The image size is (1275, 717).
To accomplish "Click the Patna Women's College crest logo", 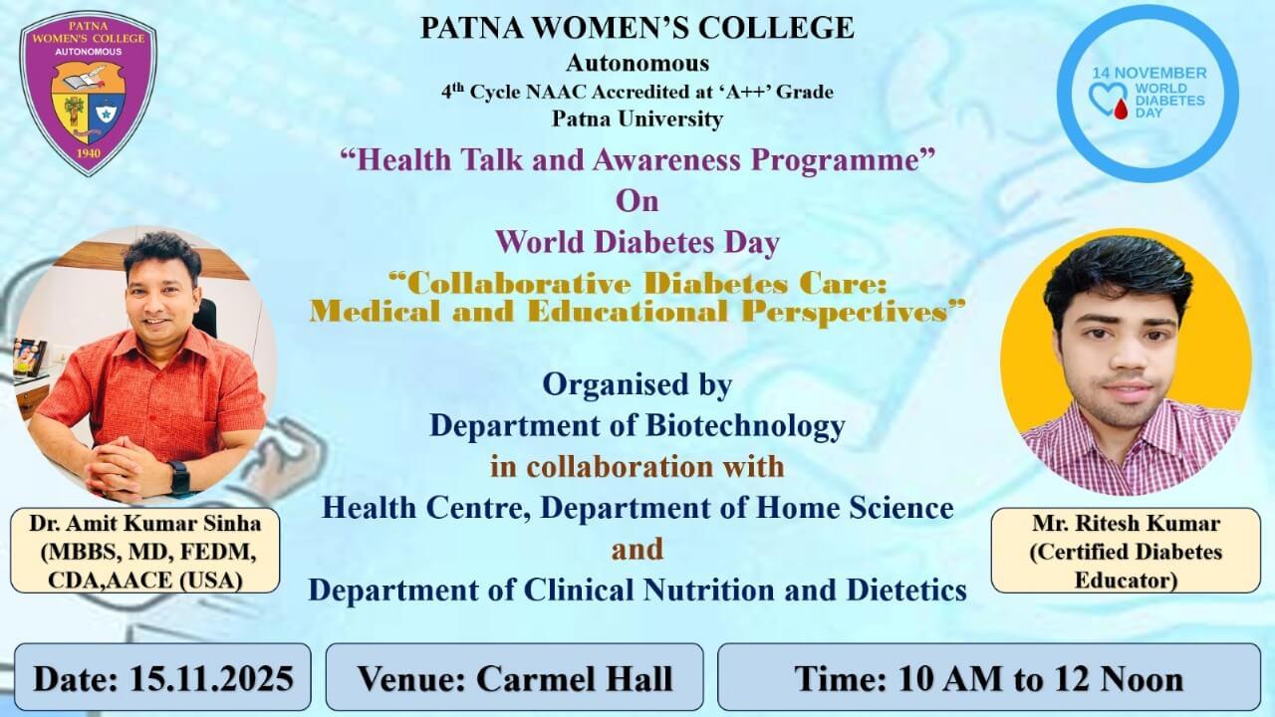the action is (89, 93).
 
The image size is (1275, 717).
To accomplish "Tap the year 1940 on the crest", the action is (89, 153).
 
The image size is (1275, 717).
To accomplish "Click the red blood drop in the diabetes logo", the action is (1121, 109).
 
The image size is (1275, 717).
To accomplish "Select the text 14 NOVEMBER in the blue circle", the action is (1149, 74).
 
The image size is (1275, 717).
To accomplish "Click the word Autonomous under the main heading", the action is (637, 63).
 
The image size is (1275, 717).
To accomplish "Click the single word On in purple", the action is (637, 201).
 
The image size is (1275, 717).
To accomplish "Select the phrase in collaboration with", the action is (637, 467).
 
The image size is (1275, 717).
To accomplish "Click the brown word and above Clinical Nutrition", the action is (637, 549).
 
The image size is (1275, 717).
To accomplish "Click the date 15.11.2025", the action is (212, 678).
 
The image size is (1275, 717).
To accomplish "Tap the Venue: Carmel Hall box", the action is (515, 677).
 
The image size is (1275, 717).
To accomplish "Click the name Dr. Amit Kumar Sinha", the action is (145, 524).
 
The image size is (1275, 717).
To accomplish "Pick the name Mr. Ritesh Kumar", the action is (1126, 524).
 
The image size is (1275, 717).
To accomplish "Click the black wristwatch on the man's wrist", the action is (179, 478).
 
